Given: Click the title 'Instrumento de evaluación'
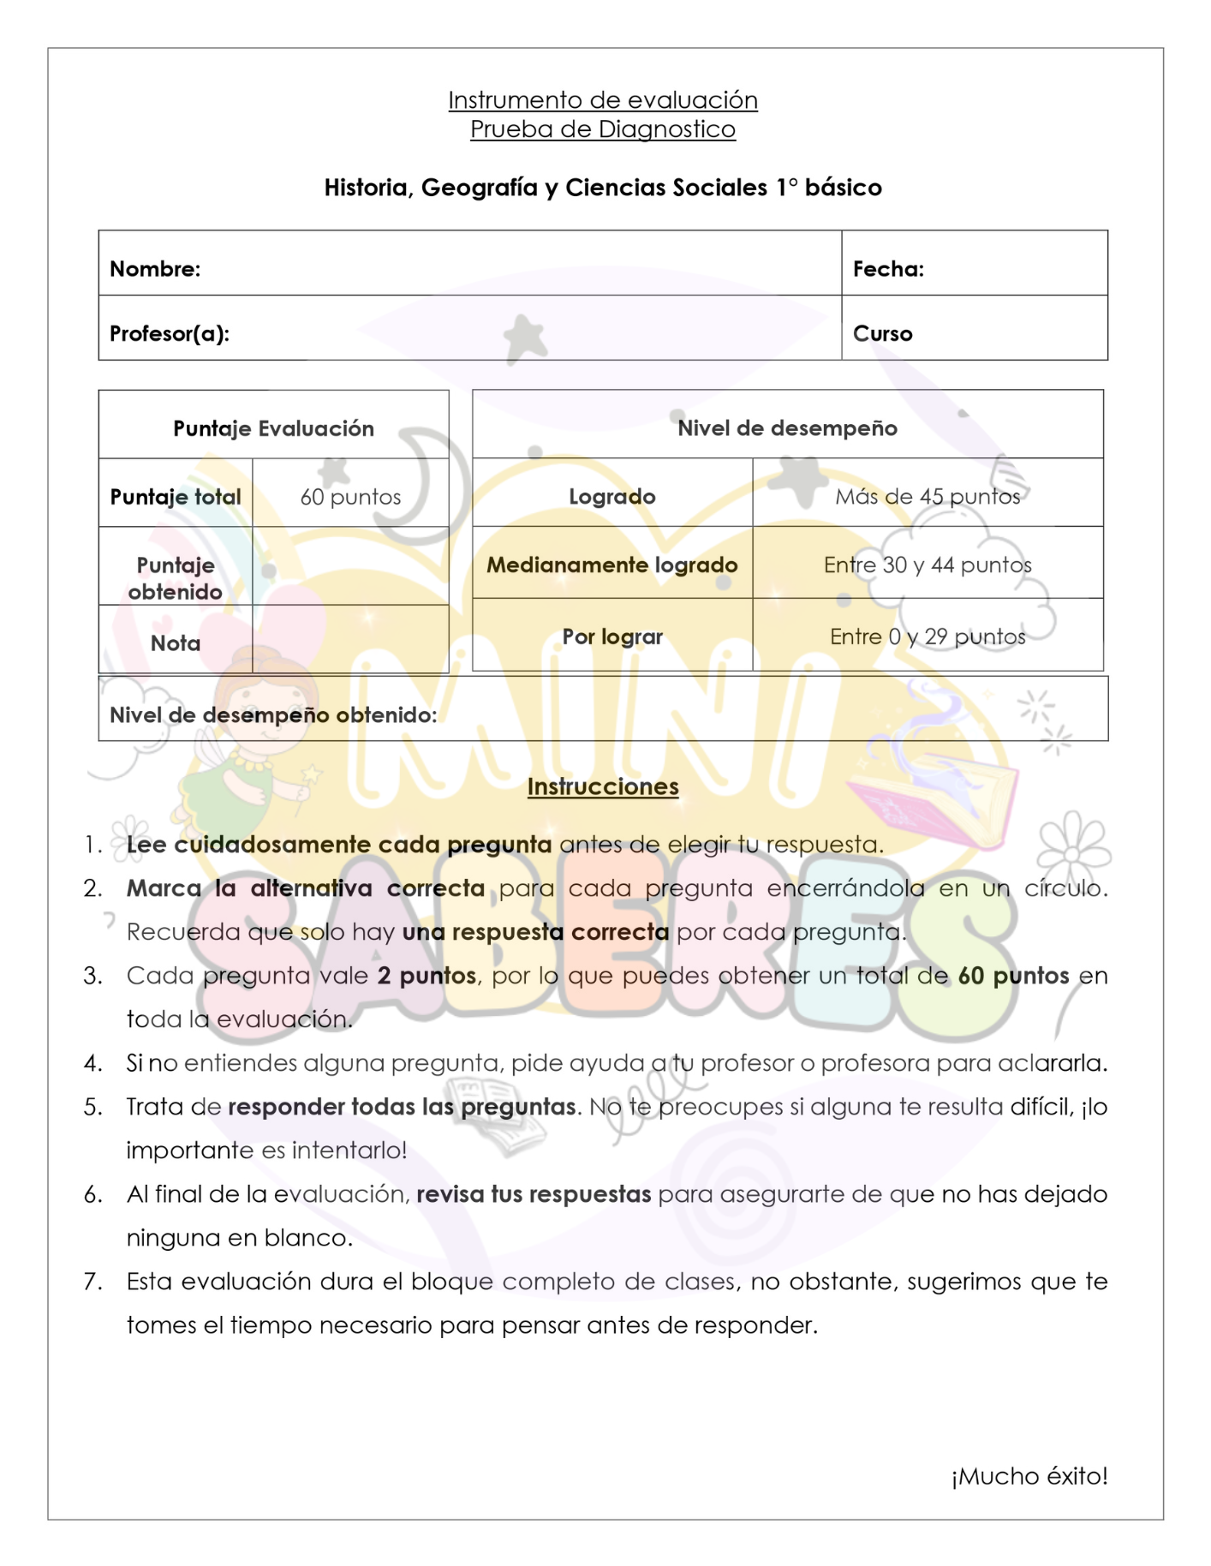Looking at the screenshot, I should [x=602, y=100].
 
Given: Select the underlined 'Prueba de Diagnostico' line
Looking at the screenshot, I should [x=602, y=129].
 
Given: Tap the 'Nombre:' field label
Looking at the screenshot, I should [x=155, y=269].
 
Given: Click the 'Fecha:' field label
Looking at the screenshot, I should [x=888, y=269].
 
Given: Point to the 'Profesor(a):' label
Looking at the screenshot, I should [x=170, y=333].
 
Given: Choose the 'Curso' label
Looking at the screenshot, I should [x=882, y=333].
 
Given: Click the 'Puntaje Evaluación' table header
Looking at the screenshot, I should [x=273, y=428].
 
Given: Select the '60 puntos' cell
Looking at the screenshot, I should [x=350, y=497].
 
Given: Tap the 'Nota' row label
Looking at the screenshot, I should [x=176, y=643].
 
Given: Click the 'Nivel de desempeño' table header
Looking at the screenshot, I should [x=787, y=428].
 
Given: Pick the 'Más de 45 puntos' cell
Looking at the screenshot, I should [x=928, y=497].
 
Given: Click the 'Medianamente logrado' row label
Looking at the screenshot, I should [x=611, y=565].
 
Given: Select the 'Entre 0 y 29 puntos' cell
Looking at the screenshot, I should [x=928, y=637].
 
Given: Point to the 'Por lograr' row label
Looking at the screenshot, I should [x=611, y=637].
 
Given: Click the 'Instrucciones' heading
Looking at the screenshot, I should [x=602, y=786].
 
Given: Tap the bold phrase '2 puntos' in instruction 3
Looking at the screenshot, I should [x=427, y=976].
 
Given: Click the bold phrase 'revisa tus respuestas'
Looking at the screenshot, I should [x=534, y=1194].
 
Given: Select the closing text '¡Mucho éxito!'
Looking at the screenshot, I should [x=1029, y=1476].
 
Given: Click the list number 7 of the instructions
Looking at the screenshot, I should [x=92, y=1282].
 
